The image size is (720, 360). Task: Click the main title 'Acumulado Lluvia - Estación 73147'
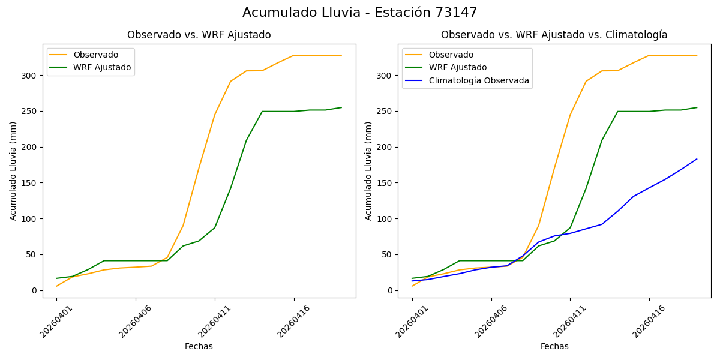click(x=360, y=13)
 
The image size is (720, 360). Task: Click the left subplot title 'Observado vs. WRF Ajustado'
click(x=199, y=35)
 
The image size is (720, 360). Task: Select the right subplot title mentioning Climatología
click(x=554, y=35)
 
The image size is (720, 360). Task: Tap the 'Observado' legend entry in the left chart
click(x=95, y=55)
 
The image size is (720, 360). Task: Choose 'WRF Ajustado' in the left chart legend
click(x=101, y=67)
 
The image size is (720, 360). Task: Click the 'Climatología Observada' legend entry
click(x=478, y=80)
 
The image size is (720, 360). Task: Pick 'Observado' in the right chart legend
click(x=451, y=55)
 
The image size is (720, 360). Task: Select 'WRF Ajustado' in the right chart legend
click(x=457, y=67)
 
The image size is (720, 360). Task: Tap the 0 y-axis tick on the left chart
click(x=34, y=290)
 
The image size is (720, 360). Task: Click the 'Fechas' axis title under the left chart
click(x=199, y=346)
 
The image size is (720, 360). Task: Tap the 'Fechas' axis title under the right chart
click(x=554, y=346)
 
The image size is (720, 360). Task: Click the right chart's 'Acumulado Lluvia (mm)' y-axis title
click(x=368, y=170)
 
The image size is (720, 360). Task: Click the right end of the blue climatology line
click(x=697, y=159)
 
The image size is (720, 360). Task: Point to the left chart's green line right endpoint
click(x=341, y=107)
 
